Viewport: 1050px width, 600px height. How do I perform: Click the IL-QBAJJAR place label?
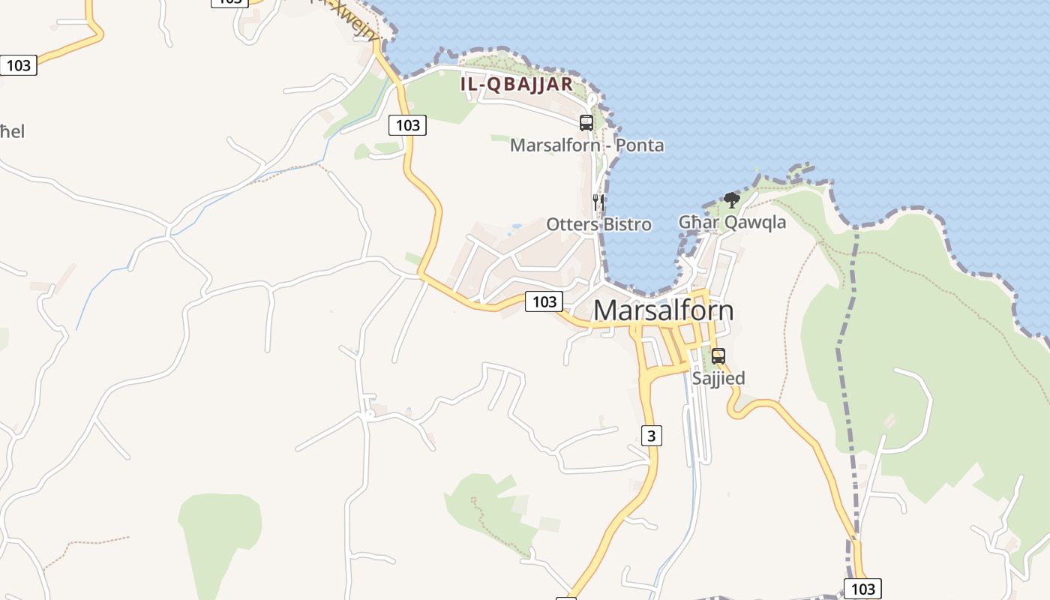(517, 84)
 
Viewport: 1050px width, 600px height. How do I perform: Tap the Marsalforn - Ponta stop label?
(586, 145)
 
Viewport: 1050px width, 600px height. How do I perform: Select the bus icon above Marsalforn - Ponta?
(586, 123)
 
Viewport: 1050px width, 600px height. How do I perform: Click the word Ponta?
(640, 145)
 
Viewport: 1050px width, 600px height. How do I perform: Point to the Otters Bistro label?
(598, 224)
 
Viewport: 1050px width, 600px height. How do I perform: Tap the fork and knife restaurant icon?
(598, 202)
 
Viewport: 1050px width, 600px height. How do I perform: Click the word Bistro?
(626, 224)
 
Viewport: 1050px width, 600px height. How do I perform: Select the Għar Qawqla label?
(732, 222)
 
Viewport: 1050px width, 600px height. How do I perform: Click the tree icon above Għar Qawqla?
(732, 200)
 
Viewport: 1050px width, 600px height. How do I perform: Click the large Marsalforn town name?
(663, 310)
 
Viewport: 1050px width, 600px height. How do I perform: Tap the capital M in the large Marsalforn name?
(606, 310)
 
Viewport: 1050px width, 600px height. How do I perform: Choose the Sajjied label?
(718, 378)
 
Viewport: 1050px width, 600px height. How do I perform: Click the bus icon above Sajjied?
(718, 356)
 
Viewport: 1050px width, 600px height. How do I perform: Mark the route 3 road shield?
(652, 435)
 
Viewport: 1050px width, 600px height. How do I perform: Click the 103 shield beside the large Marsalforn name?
(544, 301)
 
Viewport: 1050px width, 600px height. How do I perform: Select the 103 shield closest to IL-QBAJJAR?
(407, 125)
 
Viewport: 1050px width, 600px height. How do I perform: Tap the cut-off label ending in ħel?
(12, 132)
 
